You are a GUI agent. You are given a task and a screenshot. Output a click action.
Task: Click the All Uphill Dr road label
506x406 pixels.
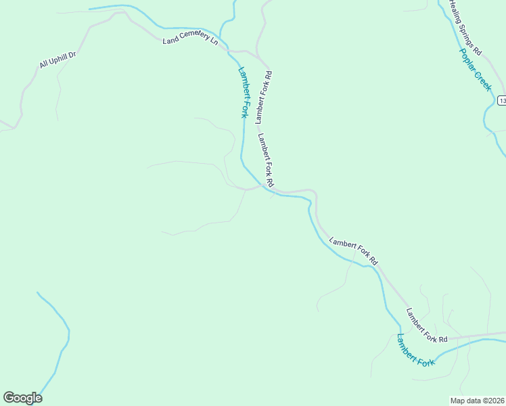tap(57, 60)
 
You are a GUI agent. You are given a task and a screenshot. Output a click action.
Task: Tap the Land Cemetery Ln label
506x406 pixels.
tap(191, 41)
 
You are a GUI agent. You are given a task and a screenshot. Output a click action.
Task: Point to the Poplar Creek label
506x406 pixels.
tap(475, 69)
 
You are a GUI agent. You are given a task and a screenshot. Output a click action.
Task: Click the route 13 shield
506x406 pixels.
tap(502, 100)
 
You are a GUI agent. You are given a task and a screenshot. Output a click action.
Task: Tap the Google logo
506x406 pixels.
tap(22, 398)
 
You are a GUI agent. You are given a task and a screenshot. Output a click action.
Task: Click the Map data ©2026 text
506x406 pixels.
tap(477, 401)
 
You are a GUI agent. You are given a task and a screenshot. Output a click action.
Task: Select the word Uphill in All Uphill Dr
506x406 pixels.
tap(57, 60)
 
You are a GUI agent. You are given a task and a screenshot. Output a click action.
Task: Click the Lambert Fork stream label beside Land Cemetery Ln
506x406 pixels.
tap(241, 91)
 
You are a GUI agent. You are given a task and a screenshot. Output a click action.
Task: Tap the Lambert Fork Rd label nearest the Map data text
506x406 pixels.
tap(427, 325)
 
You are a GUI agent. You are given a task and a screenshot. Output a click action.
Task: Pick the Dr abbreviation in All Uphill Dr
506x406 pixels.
tap(72, 53)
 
